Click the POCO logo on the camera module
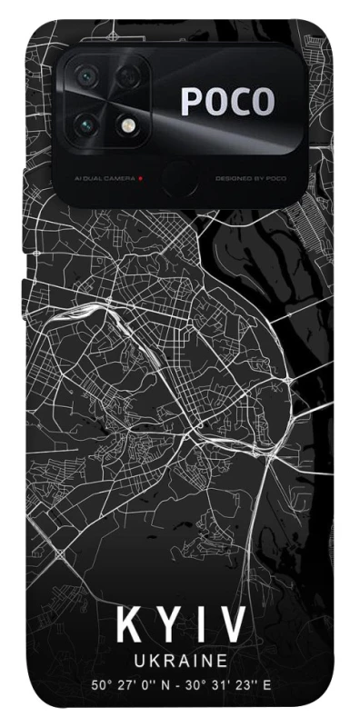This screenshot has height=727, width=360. tap(227, 102)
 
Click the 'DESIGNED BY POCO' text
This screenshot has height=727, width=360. tap(251, 178)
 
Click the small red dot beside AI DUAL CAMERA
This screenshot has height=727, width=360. tap(139, 178)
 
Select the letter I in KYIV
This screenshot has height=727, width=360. tap(201, 626)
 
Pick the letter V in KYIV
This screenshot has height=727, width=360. tap(232, 626)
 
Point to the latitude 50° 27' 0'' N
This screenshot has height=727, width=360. tap(127, 684)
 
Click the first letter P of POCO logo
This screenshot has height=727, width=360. tap(192, 102)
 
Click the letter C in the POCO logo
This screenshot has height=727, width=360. tap(240, 102)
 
